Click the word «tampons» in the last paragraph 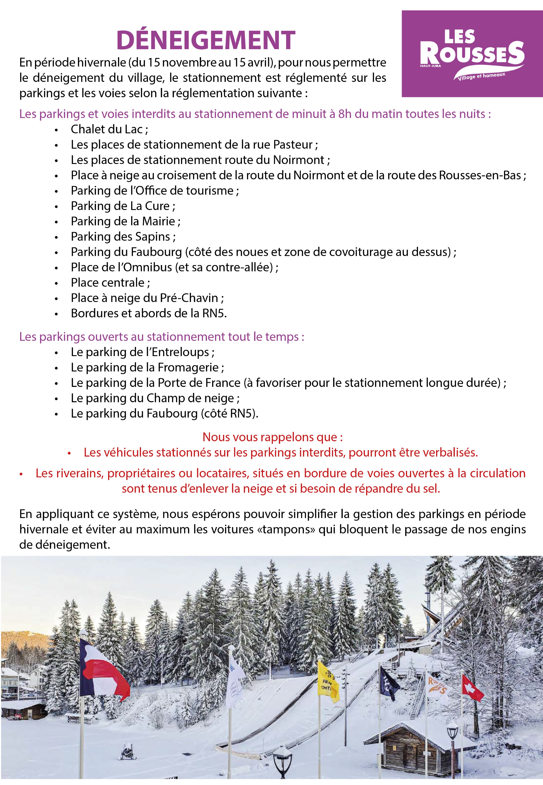click(x=286, y=529)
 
